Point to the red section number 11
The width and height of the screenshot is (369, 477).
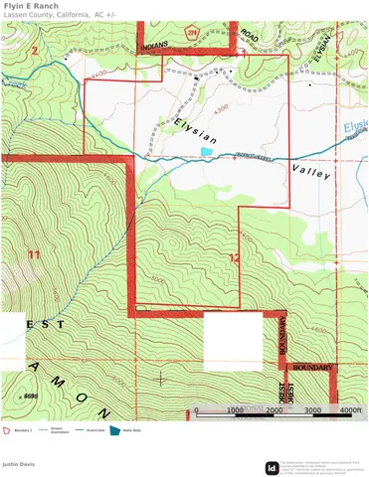[35, 255]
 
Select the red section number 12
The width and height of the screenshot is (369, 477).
[234, 258]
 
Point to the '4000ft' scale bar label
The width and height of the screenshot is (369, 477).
[350, 410]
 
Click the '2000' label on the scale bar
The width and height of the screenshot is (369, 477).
[273, 410]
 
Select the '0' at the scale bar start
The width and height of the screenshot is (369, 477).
[197, 410]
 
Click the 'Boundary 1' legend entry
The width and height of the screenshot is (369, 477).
[24, 430]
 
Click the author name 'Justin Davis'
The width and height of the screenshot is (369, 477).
[18, 463]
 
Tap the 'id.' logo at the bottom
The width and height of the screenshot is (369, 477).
[271, 467]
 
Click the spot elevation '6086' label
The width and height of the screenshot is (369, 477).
[30, 396]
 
